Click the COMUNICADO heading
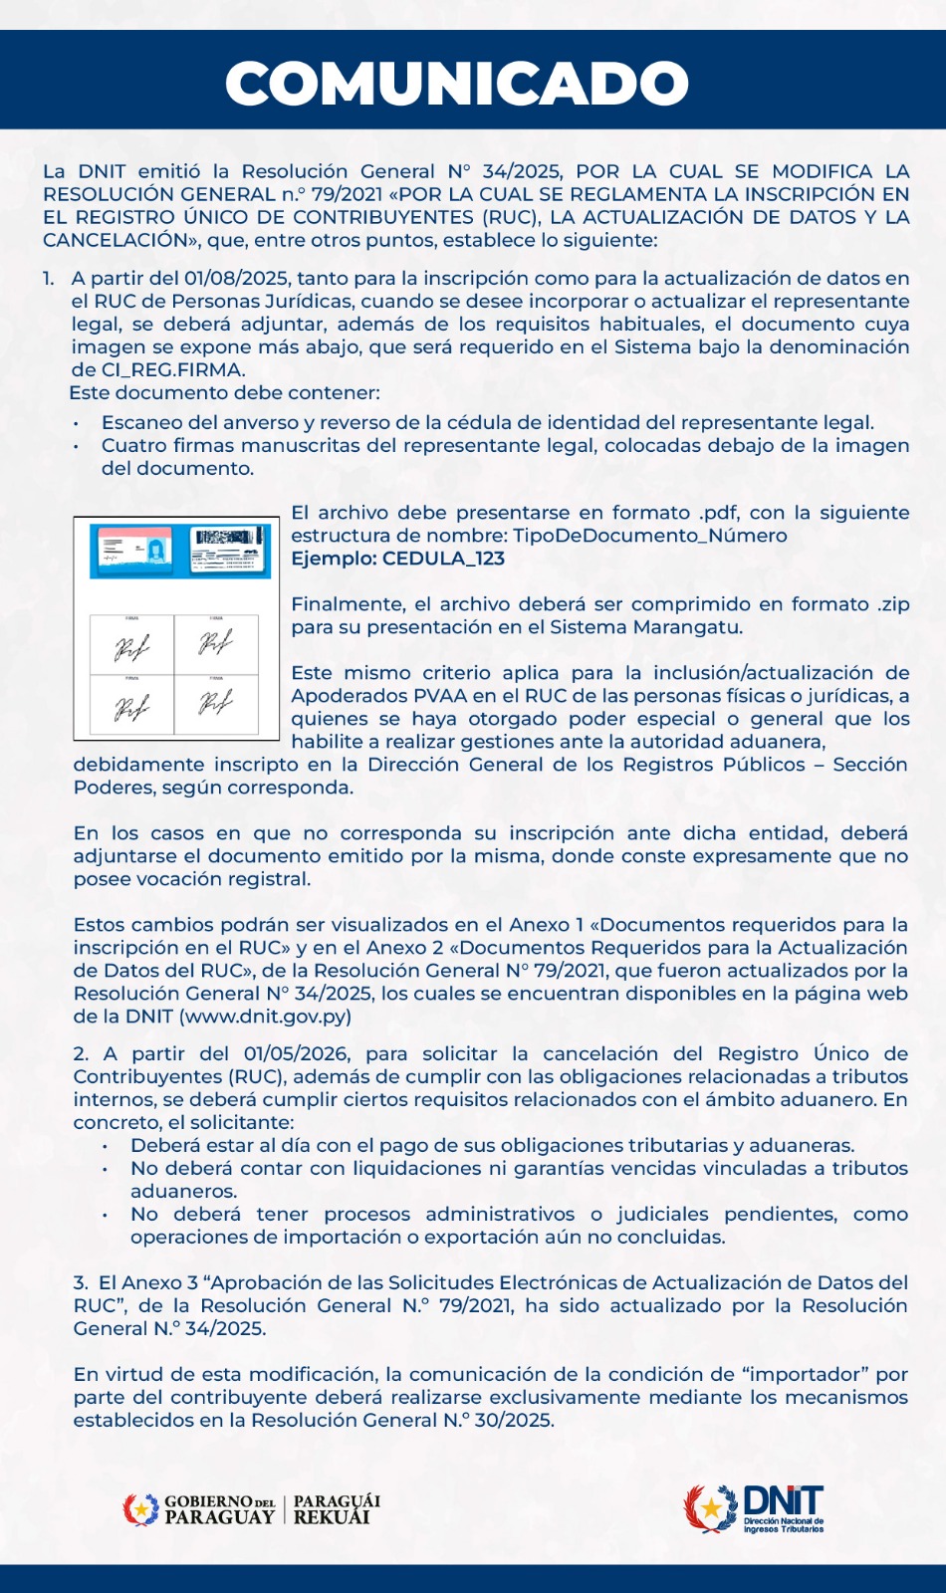coord(457,84)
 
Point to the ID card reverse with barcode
coord(229,549)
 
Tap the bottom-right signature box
coord(216,704)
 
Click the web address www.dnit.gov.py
coord(266,1017)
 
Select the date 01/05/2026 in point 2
coord(296,1054)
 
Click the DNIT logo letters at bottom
coord(783,1500)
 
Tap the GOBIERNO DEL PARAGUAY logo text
coord(219,1509)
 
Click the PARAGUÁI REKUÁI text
coord(337,1509)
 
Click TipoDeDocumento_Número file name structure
coord(649,536)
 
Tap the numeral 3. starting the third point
coord(81,1283)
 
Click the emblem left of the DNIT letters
coord(711,1508)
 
